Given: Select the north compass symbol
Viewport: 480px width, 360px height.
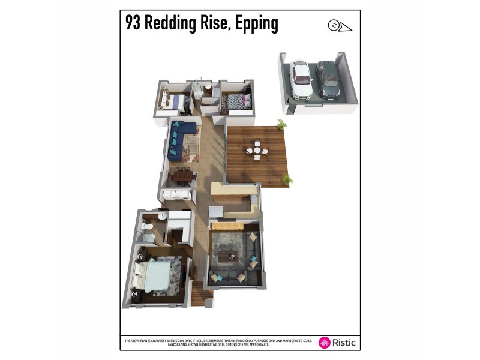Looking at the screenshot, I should pos(334,25).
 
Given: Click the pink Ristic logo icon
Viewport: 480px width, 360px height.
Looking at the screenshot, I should pos(325,343).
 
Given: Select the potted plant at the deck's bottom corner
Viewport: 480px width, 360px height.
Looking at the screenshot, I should pos(287,179).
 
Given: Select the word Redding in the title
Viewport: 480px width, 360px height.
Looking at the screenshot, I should pos(187,23).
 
